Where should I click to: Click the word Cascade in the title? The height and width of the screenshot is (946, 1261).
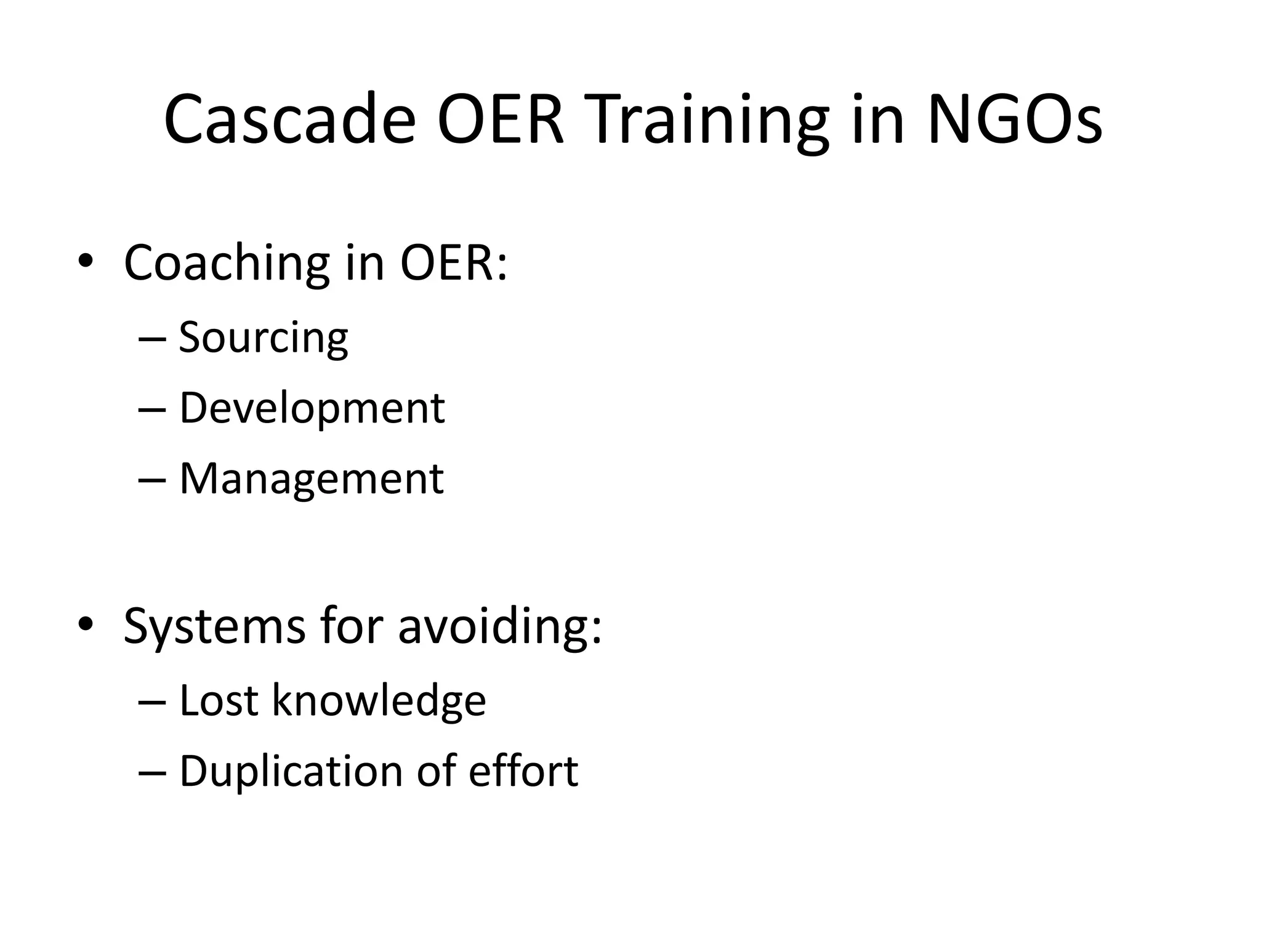pyautogui.click(x=289, y=120)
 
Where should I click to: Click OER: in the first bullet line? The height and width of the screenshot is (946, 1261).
pyautogui.click(x=453, y=264)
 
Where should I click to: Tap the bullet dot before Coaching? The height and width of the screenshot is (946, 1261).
pyautogui.click(x=86, y=261)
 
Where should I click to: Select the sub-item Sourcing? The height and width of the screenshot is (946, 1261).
pyautogui.click(x=264, y=338)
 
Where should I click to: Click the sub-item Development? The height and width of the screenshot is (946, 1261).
pyautogui.click(x=312, y=408)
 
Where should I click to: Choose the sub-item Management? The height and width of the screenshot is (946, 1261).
pyautogui.click(x=311, y=479)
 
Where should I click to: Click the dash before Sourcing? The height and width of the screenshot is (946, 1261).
pyautogui.click(x=152, y=339)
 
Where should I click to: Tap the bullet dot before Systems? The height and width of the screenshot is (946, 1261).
pyautogui.click(x=86, y=625)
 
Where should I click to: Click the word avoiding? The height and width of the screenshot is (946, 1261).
pyautogui.click(x=499, y=626)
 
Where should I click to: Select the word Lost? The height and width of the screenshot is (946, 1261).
pyautogui.click(x=218, y=700)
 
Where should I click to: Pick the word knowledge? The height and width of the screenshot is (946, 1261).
pyautogui.click(x=379, y=701)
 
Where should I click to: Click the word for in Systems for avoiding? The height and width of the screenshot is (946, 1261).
pyautogui.click(x=352, y=626)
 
